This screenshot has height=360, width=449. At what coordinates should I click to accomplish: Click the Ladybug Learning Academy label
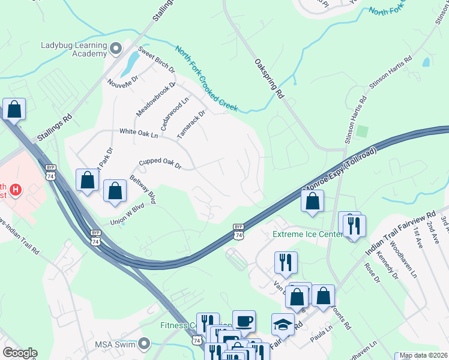click(74, 49)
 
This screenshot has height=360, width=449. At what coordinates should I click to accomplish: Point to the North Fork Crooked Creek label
click(206, 79)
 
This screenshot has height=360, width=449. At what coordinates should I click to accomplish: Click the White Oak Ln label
click(138, 132)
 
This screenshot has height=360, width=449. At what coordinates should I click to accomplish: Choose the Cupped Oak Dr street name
click(160, 163)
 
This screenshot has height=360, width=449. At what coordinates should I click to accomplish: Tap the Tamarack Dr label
click(191, 125)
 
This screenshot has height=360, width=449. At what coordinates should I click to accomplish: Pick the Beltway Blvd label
click(143, 190)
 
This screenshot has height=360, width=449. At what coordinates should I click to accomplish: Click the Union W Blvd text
click(127, 214)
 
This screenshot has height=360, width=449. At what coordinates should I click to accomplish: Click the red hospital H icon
click(17, 191)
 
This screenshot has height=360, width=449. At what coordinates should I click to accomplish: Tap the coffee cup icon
click(244, 321)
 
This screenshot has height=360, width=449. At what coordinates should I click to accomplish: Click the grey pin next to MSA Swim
click(144, 344)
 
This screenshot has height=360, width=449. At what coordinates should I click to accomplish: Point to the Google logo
click(20, 353)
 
